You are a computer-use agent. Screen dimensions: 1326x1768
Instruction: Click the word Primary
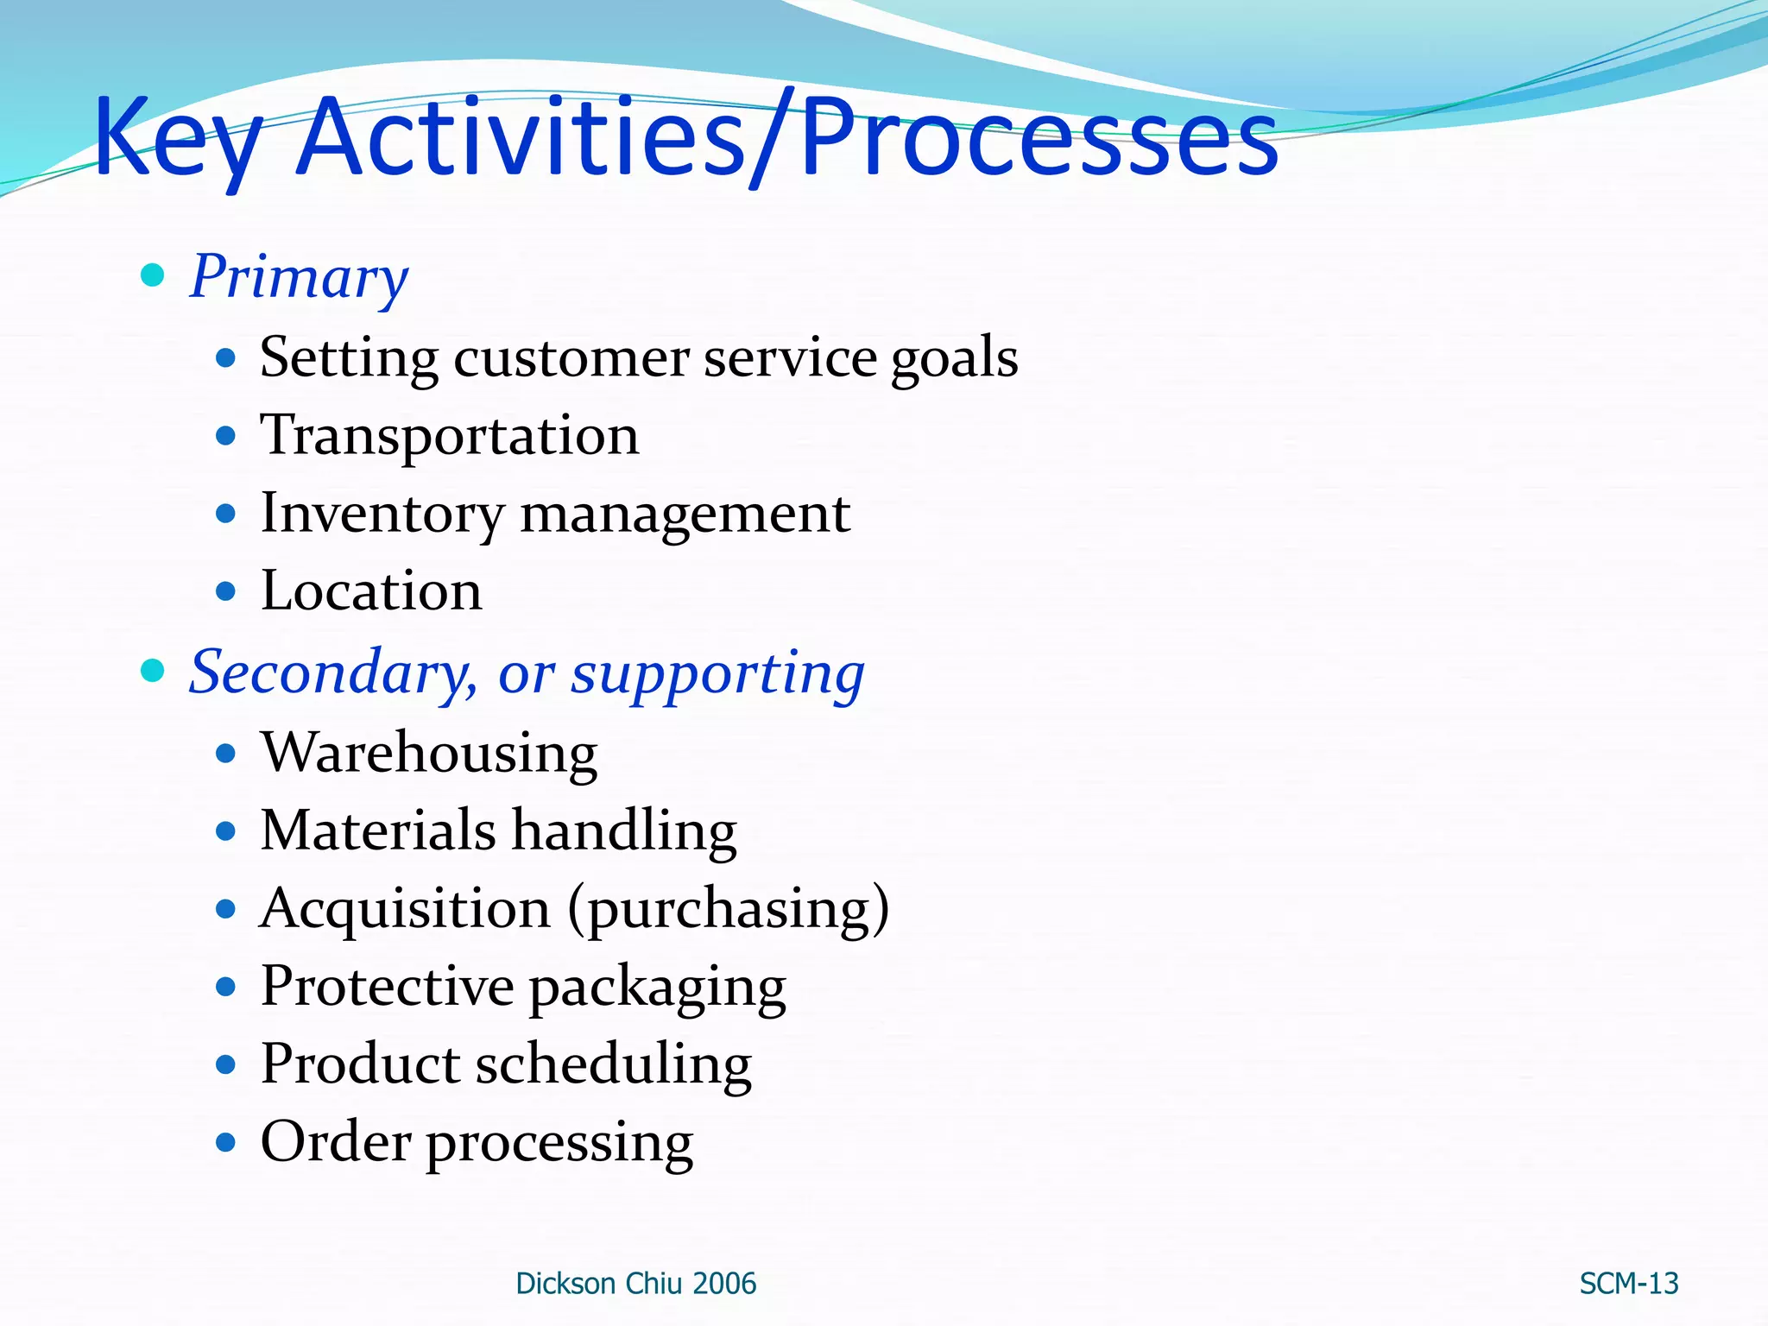299,277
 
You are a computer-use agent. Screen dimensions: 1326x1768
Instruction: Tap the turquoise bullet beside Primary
153,275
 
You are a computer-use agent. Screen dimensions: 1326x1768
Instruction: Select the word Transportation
450,436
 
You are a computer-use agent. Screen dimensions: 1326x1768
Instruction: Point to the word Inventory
382,515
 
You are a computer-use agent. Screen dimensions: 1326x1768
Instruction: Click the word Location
371,591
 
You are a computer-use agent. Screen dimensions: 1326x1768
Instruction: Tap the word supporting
717,674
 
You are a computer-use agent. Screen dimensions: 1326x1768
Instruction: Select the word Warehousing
429,753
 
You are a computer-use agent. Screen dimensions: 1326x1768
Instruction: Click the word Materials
378,830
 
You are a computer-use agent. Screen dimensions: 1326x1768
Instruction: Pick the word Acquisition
405,909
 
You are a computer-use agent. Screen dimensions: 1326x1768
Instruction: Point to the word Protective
388,986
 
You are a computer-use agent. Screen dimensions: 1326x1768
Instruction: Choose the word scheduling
614,1064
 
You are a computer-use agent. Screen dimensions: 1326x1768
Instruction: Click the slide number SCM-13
1628,1284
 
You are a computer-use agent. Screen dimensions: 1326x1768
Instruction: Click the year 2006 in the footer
723,1284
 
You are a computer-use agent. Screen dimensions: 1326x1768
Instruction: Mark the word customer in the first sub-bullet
571,358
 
